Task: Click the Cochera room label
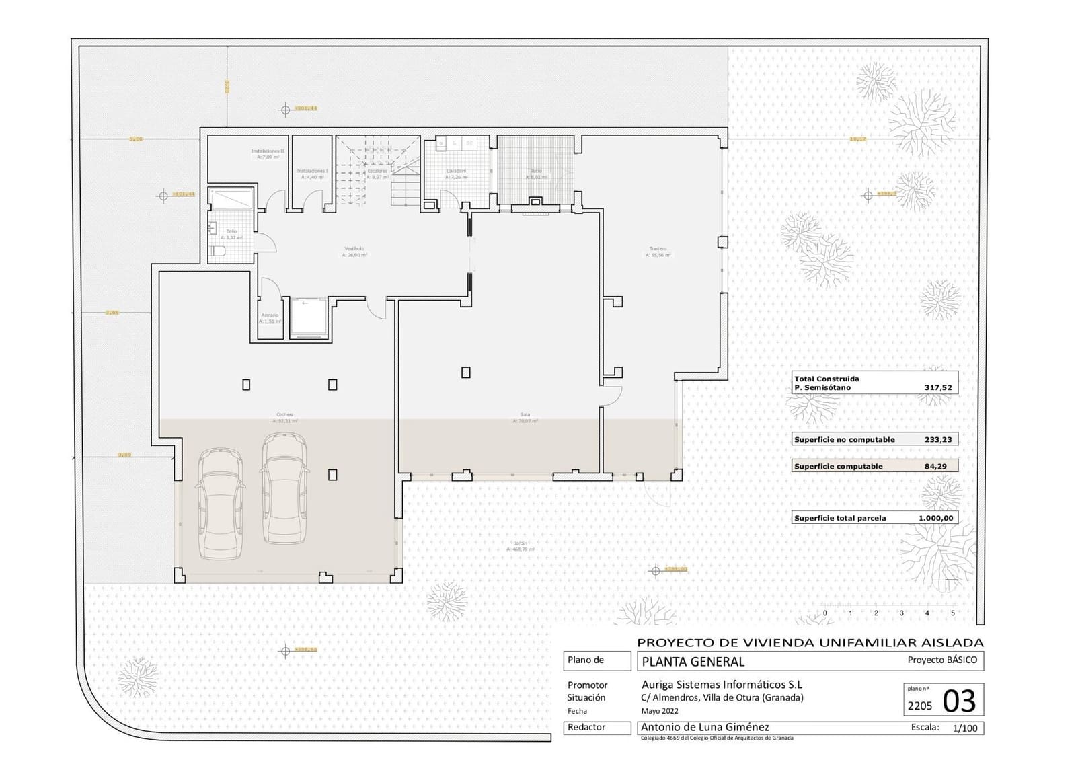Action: coord(284,415)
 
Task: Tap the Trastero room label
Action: coord(658,249)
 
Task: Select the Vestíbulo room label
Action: coord(354,249)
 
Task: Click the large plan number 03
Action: coord(959,701)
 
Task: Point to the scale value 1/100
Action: coord(966,728)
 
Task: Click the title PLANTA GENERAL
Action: coord(693,662)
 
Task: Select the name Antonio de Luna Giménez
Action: coord(705,727)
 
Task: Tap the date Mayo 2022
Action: coord(660,711)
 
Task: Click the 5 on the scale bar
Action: coord(952,613)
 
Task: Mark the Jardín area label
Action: coord(521,543)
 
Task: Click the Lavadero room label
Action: coord(457,172)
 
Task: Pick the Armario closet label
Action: coord(270,315)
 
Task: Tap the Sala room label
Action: coord(525,415)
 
